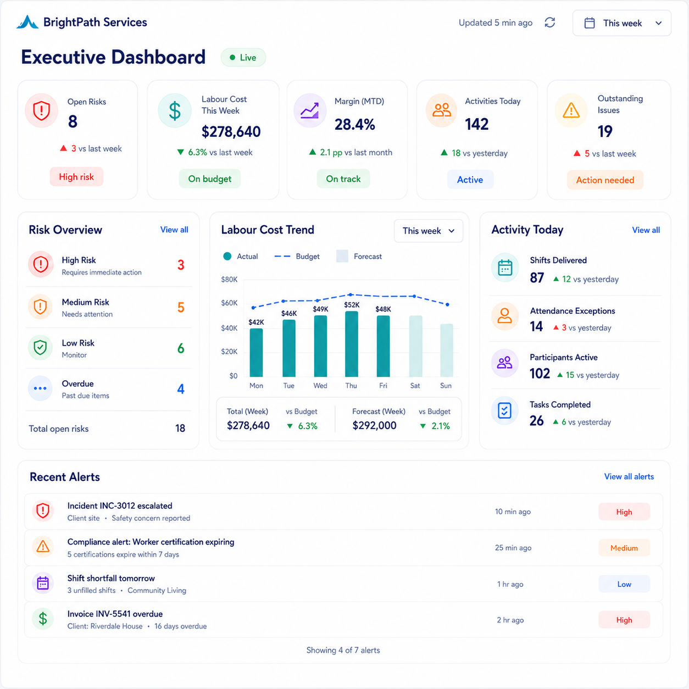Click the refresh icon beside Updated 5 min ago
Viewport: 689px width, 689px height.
pos(549,23)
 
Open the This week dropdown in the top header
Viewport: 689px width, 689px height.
pos(621,23)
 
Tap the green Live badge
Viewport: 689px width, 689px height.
pos(243,58)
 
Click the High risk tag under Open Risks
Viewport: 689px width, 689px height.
pos(76,176)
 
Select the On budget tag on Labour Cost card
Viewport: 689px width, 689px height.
pos(209,179)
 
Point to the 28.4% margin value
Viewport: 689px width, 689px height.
pos(355,124)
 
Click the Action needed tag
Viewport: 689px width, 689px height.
pos(605,180)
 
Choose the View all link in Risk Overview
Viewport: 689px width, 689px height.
pos(174,230)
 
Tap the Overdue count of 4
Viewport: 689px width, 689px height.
pos(181,388)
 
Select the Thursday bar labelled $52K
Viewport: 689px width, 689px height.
pos(352,344)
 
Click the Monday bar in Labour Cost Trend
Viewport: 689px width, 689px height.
pos(256,353)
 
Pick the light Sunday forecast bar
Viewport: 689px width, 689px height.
pos(447,351)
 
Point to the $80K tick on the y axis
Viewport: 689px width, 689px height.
pos(229,279)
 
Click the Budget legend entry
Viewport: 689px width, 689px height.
pos(297,257)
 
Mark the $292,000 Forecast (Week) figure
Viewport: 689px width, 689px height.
pos(374,425)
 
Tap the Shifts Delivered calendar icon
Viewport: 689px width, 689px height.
pos(505,268)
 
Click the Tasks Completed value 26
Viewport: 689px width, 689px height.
pos(536,421)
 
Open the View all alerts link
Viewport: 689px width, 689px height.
pos(629,476)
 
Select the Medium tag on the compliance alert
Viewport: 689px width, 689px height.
pos(624,548)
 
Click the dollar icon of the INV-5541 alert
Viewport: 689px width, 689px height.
pos(43,619)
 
